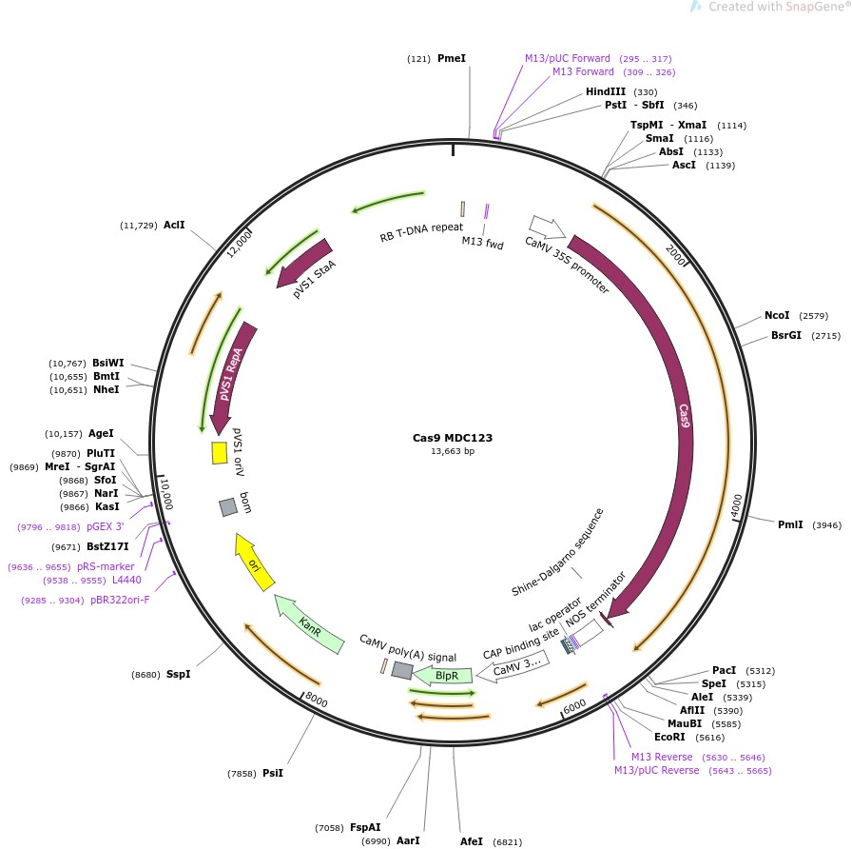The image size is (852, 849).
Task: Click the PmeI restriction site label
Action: click(x=451, y=59)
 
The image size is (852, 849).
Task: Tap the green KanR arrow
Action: click(x=307, y=624)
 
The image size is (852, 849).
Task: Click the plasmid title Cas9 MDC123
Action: click(x=452, y=439)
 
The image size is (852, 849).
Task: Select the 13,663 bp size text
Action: click(x=452, y=451)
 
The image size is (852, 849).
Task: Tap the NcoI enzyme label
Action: click(x=777, y=316)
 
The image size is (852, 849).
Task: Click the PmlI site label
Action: click(x=790, y=524)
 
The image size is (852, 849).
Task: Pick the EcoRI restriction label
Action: click(x=669, y=737)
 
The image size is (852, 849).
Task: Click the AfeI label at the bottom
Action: click(x=472, y=841)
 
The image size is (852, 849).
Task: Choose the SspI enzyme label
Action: click(x=179, y=675)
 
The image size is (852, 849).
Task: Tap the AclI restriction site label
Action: click(x=174, y=226)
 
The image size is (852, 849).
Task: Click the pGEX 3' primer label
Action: click(x=105, y=526)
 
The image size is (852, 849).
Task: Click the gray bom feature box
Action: click(x=228, y=507)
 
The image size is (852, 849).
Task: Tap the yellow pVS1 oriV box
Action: click(x=219, y=453)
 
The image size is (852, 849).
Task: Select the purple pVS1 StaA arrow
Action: click(x=305, y=262)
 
